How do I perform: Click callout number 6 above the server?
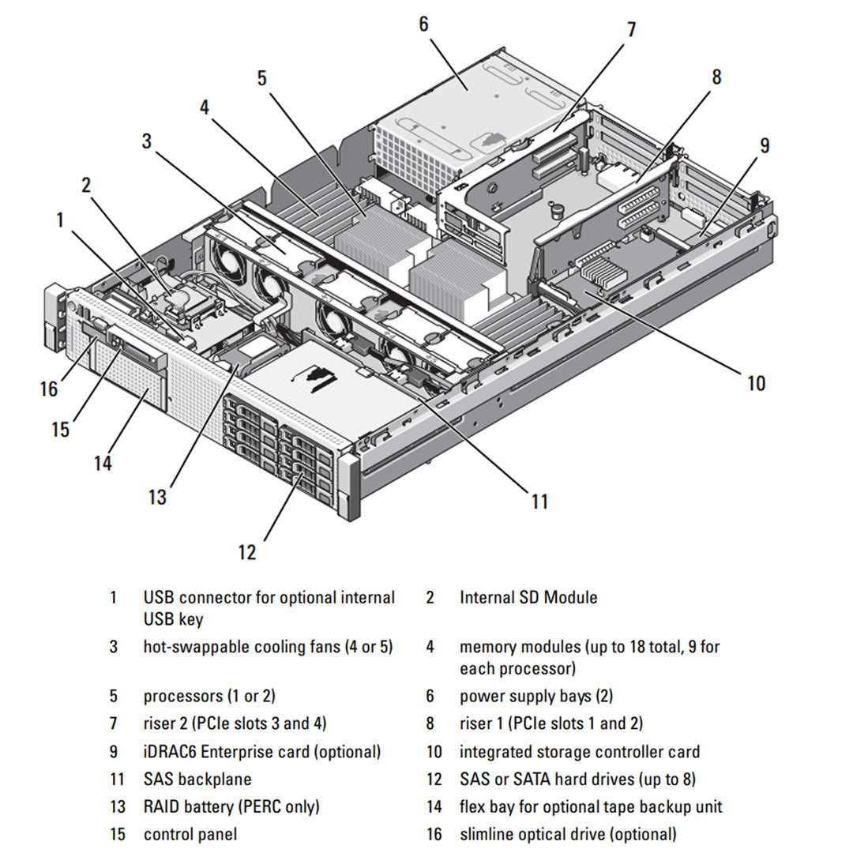(x=423, y=24)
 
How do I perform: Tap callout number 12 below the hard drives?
(x=247, y=552)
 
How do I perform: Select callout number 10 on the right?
(x=756, y=383)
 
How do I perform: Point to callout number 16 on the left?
(x=49, y=389)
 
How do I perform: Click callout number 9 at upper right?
(x=764, y=145)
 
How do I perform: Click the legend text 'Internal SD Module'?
(x=528, y=597)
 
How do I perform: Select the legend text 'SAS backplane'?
(x=197, y=779)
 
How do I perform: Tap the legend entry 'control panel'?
(x=190, y=834)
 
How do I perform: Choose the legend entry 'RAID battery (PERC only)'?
(x=231, y=806)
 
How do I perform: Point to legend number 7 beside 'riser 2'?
(x=114, y=723)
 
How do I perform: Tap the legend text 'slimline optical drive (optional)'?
(x=568, y=834)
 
